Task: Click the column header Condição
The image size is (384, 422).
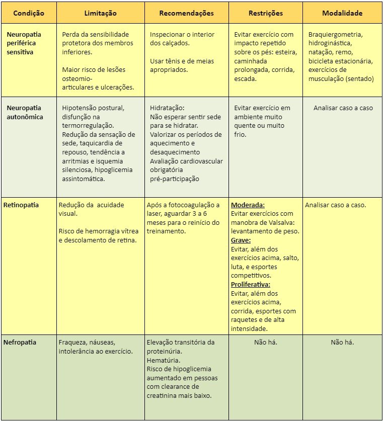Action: (29, 14)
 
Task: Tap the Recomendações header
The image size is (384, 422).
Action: (186, 14)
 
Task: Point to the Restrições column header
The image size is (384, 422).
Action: (265, 14)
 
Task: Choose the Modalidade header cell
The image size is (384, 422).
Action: (342, 14)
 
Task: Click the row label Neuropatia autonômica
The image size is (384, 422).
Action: (25, 113)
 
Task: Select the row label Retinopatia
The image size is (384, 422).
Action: (21, 205)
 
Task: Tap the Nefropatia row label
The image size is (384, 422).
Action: (20, 342)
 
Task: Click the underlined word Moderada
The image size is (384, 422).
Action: (248, 205)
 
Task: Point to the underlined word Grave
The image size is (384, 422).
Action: (241, 240)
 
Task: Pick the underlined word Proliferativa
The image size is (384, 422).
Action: (251, 285)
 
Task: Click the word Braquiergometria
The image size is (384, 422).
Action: (335, 35)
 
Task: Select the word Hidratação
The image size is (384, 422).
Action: (168, 108)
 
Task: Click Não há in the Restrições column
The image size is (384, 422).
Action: (266, 342)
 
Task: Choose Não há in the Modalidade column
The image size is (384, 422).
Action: (342, 342)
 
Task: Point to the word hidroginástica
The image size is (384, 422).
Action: (332, 43)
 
